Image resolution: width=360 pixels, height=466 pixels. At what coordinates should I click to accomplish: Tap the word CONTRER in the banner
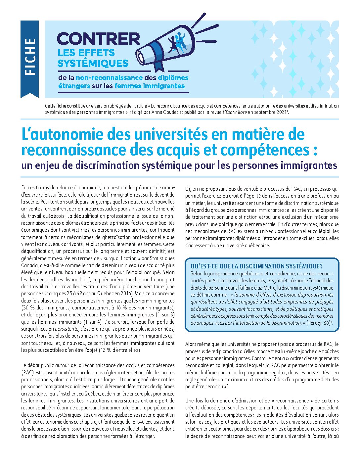coord(99,39)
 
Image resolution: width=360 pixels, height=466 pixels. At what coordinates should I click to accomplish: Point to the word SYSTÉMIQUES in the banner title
coord(93,63)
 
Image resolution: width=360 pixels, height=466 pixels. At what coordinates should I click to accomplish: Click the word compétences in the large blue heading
coord(263,150)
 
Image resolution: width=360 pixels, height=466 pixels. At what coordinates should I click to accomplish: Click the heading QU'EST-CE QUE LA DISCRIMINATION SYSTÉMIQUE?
coord(256,266)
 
